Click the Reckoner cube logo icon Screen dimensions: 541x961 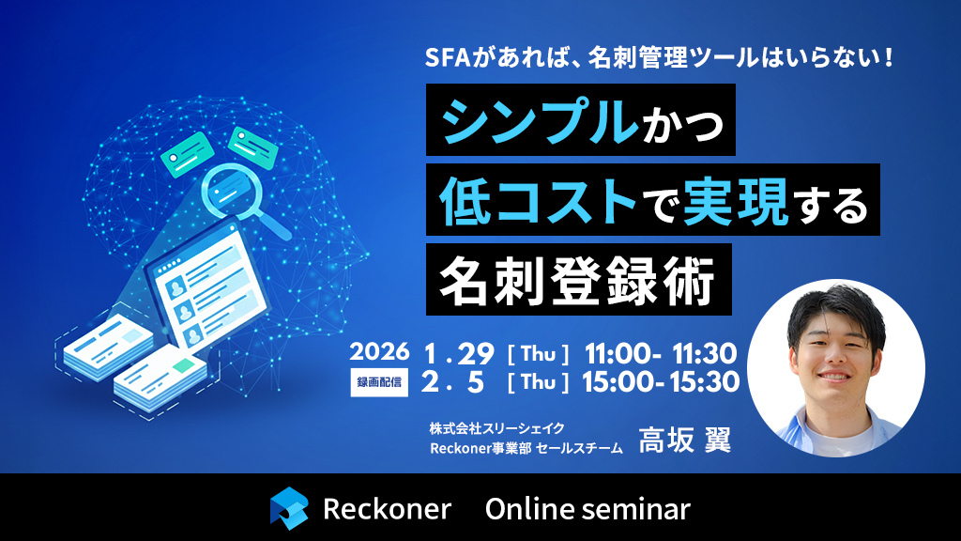click(x=289, y=508)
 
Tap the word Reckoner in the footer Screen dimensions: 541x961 click(x=387, y=509)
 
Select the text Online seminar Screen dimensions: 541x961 click(x=587, y=509)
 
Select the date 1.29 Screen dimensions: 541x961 click(x=459, y=353)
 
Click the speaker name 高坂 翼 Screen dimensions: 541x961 click(x=684, y=440)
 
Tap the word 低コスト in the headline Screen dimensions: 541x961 click(x=533, y=200)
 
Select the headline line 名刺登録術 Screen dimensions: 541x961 click(x=577, y=279)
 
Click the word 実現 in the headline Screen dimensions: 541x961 click(x=735, y=200)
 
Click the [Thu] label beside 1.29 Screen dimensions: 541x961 click(x=539, y=354)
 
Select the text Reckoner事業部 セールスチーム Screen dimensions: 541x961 click(x=526, y=448)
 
